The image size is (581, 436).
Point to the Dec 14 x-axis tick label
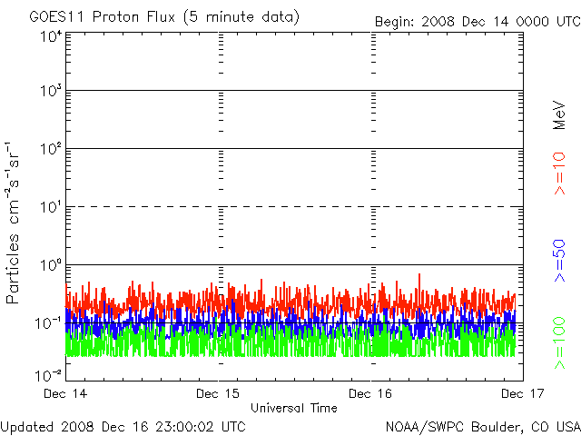coord(66,394)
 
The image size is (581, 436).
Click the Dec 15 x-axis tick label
coord(219,394)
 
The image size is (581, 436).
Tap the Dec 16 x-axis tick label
coord(371,394)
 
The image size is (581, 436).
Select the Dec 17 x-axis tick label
coord(523,394)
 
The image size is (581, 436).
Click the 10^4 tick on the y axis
coord(50,35)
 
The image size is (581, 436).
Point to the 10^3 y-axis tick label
coord(50,92)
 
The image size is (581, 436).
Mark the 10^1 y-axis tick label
coord(50,207)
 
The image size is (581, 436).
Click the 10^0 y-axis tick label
coord(50,265)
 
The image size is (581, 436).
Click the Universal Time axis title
coord(294,408)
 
